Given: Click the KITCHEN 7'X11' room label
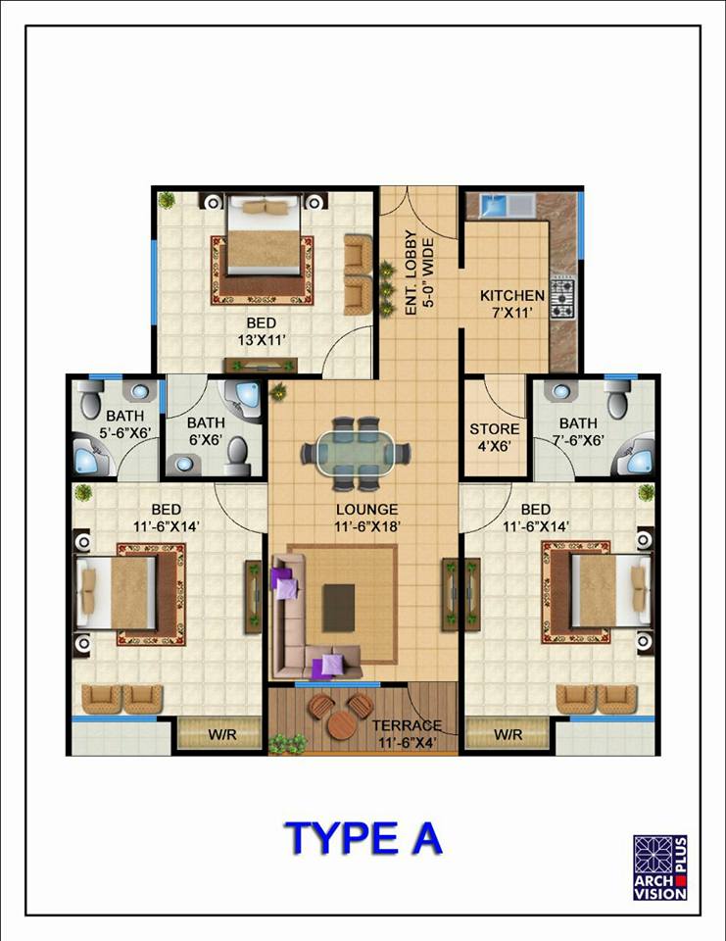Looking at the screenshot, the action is (x=511, y=304).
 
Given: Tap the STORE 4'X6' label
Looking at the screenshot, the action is (x=495, y=437).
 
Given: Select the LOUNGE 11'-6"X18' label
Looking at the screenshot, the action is (x=367, y=518).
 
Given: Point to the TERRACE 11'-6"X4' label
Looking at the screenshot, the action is (x=407, y=734).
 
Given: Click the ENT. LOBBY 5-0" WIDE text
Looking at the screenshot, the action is (x=418, y=273).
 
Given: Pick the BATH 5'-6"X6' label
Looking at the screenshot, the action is (x=124, y=423).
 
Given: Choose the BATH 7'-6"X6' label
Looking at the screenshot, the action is (x=578, y=431).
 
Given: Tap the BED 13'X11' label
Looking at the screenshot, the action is (x=261, y=332).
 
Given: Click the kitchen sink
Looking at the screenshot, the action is (x=495, y=205).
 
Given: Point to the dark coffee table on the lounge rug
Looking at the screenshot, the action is (x=338, y=608).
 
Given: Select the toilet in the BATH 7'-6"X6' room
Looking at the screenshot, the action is (x=617, y=399).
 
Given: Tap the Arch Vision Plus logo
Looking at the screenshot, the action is (x=660, y=867).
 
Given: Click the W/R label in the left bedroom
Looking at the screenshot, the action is (x=221, y=734).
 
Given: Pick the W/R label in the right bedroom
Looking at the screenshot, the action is (x=508, y=734).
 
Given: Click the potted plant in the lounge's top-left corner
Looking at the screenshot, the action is (x=278, y=393).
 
